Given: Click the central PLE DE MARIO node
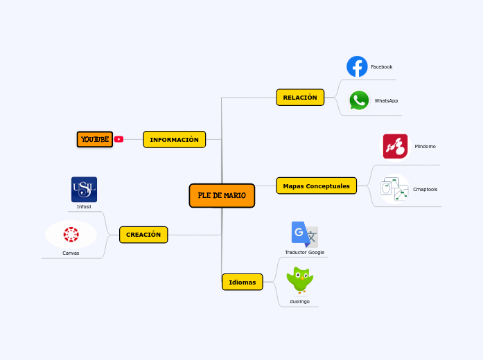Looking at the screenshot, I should [222, 195].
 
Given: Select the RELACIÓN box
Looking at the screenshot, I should [299, 98].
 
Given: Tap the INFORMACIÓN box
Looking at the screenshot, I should [174, 140].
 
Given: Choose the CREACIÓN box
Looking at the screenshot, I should [143, 235].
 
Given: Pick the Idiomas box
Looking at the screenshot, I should [242, 282].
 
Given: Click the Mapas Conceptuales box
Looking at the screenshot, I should [316, 186].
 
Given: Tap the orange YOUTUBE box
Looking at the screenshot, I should [95, 140].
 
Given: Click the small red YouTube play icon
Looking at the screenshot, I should [118, 139].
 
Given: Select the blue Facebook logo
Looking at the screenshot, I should [357, 66].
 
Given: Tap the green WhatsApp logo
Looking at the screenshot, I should [359, 100].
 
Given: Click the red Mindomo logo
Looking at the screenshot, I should [395, 146].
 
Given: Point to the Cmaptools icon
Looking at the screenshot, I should [394, 189].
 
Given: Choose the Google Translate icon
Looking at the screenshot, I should [304, 235].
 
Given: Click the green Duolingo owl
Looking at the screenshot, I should [299, 280].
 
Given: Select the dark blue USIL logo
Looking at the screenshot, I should [84, 189].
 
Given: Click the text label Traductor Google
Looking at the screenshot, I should [304, 252].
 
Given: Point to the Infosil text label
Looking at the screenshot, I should [84, 206].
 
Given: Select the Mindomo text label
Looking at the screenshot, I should [425, 146].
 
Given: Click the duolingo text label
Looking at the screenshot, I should [299, 301].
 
